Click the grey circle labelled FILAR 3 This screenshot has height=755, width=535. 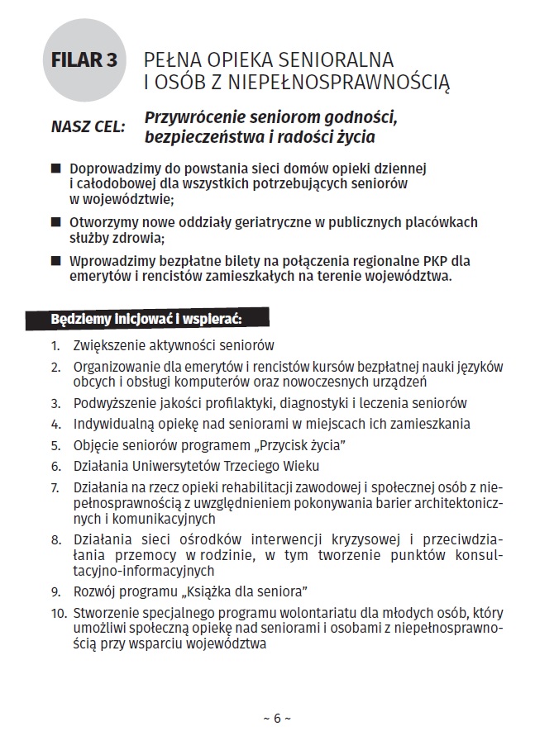[84, 61]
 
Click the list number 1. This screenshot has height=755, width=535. [55, 345]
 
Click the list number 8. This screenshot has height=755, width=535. [55, 540]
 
